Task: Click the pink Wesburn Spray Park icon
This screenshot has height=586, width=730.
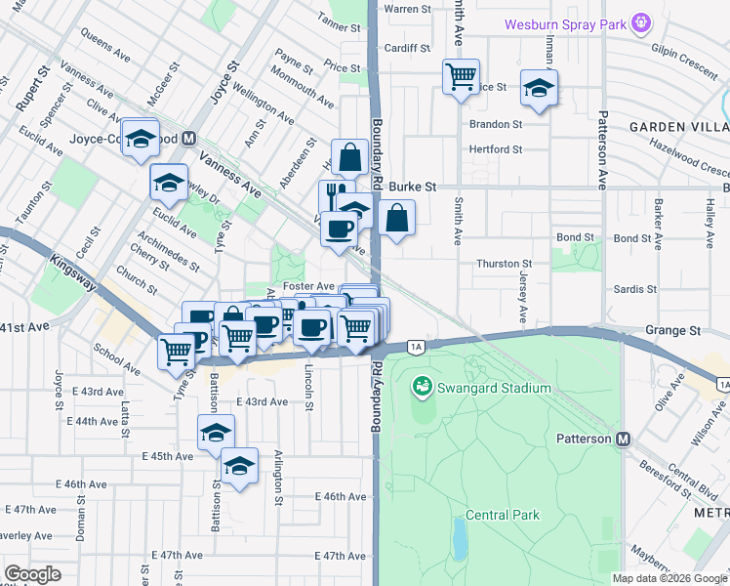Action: tap(640, 22)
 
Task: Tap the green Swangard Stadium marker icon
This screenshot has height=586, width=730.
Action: tap(422, 388)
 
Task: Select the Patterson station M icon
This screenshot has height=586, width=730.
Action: tap(622, 439)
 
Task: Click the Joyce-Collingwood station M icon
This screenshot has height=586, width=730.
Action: tap(188, 139)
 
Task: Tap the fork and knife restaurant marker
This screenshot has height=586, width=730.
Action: tap(333, 193)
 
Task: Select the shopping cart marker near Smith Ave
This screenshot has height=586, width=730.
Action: tap(461, 75)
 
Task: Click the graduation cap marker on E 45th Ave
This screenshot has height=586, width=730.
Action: tap(216, 433)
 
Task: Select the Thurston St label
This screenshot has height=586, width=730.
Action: tap(503, 264)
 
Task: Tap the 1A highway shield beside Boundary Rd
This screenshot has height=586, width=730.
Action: tap(417, 346)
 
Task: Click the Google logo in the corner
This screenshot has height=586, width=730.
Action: tap(32, 574)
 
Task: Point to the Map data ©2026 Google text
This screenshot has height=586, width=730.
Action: tap(669, 578)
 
